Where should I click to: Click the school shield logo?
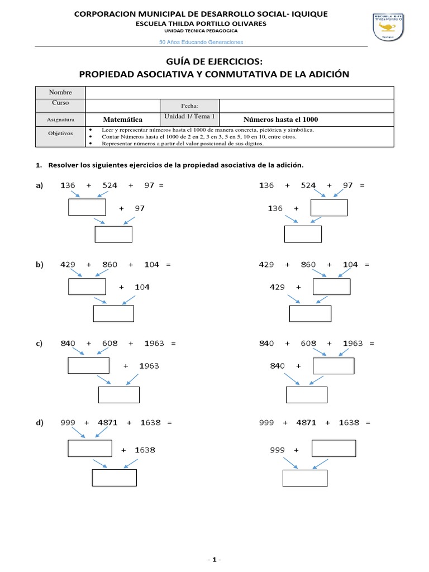click(391, 27)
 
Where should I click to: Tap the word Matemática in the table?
click(123, 120)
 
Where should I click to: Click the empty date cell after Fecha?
click(307, 105)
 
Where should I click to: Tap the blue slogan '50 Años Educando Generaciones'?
click(201, 42)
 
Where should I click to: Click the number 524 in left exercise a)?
click(109, 185)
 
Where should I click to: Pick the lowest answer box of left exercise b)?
click(113, 314)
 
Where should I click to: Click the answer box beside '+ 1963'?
click(88, 365)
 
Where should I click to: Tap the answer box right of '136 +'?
click(329, 208)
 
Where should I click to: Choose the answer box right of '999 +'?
click(333, 449)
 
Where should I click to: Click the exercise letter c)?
click(39, 344)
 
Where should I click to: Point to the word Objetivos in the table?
click(60, 134)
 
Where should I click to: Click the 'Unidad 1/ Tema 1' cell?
click(189, 117)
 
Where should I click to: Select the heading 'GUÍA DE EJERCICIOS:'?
click(214, 61)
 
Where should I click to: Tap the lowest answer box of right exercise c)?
click(306, 394)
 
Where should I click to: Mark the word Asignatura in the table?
click(60, 120)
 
